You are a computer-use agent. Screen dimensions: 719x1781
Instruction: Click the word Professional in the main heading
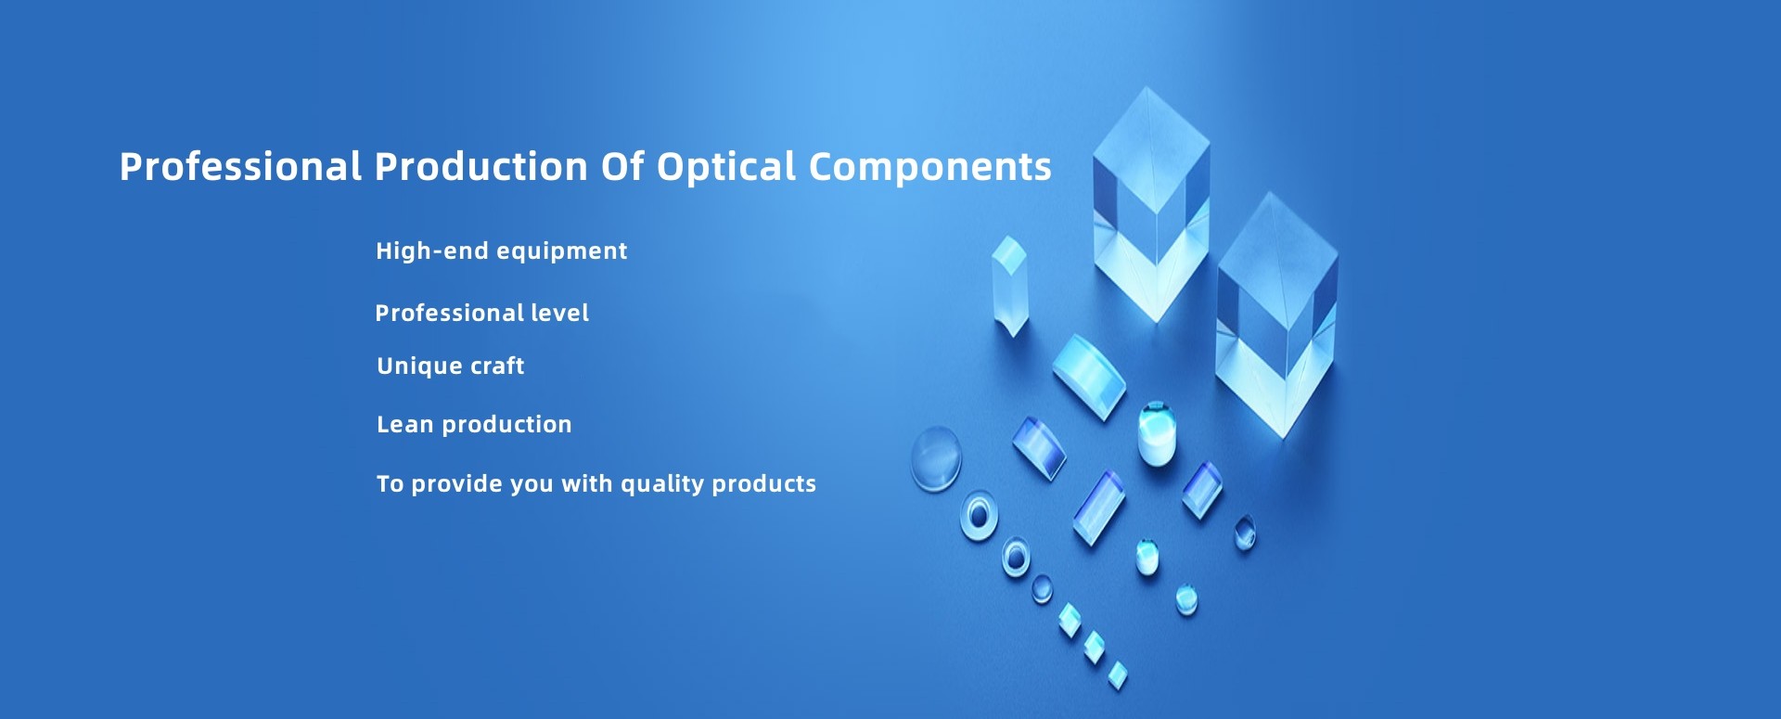240,167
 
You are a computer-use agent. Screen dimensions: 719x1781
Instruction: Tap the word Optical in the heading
726,167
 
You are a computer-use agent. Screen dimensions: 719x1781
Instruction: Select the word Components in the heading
929,167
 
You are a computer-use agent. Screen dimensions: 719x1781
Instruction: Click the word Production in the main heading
480,167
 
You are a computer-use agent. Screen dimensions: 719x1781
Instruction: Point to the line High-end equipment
501,250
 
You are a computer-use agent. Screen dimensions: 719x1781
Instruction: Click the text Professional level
481,313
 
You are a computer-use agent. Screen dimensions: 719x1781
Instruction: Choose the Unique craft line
450,366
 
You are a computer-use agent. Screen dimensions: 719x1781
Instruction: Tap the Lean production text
474,424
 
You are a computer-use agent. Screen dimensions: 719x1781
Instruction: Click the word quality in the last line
661,483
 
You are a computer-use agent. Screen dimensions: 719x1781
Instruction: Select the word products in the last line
763,483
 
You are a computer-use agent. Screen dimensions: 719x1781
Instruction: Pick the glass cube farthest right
1277,315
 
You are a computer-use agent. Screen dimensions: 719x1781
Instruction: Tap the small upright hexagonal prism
1009,283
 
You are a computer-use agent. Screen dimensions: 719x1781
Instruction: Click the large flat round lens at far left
935,458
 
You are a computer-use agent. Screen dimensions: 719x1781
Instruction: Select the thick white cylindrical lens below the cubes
1157,433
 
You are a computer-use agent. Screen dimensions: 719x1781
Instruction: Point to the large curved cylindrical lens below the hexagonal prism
1088,376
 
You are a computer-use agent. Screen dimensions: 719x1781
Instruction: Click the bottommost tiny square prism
1118,675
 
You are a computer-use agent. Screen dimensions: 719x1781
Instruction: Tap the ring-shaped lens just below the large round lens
978,515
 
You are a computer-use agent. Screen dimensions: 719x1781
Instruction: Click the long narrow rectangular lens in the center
1098,507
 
